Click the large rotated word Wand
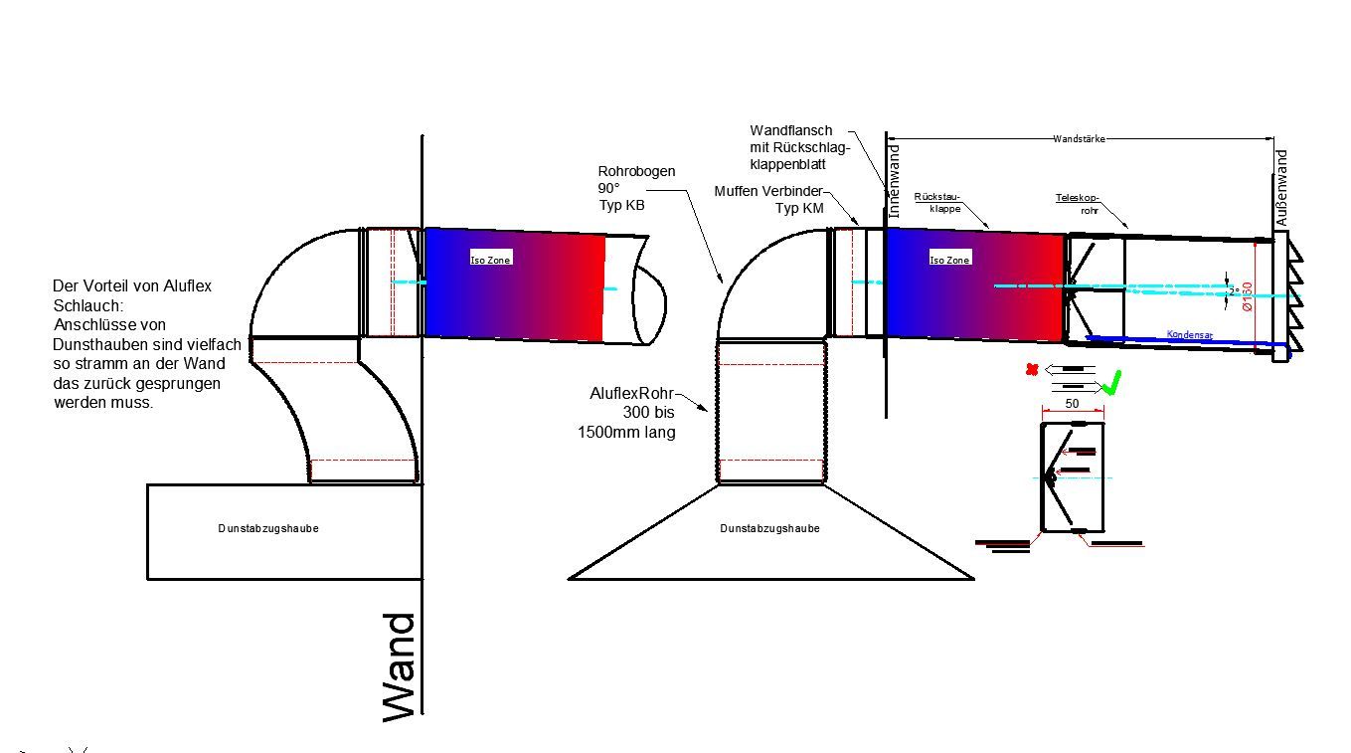(x=400, y=666)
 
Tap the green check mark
(x=1112, y=382)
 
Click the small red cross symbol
(x=1032, y=370)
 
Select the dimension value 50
(x=1072, y=404)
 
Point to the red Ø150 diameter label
(x=1247, y=297)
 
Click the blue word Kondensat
(x=1189, y=335)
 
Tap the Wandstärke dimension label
(x=1079, y=139)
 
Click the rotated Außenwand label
(x=1281, y=187)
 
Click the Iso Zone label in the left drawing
(x=491, y=260)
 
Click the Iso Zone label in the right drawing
(x=949, y=260)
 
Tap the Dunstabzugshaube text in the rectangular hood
(x=268, y=528)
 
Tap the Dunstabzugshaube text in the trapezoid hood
(x=770, y=528)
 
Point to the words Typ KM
(x=799, y=209)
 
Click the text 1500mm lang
(x=626, y=433)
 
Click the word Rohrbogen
(x=636, y=171)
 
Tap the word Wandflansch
(x=791, y=130)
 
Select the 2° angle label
(x=1234, y=290)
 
